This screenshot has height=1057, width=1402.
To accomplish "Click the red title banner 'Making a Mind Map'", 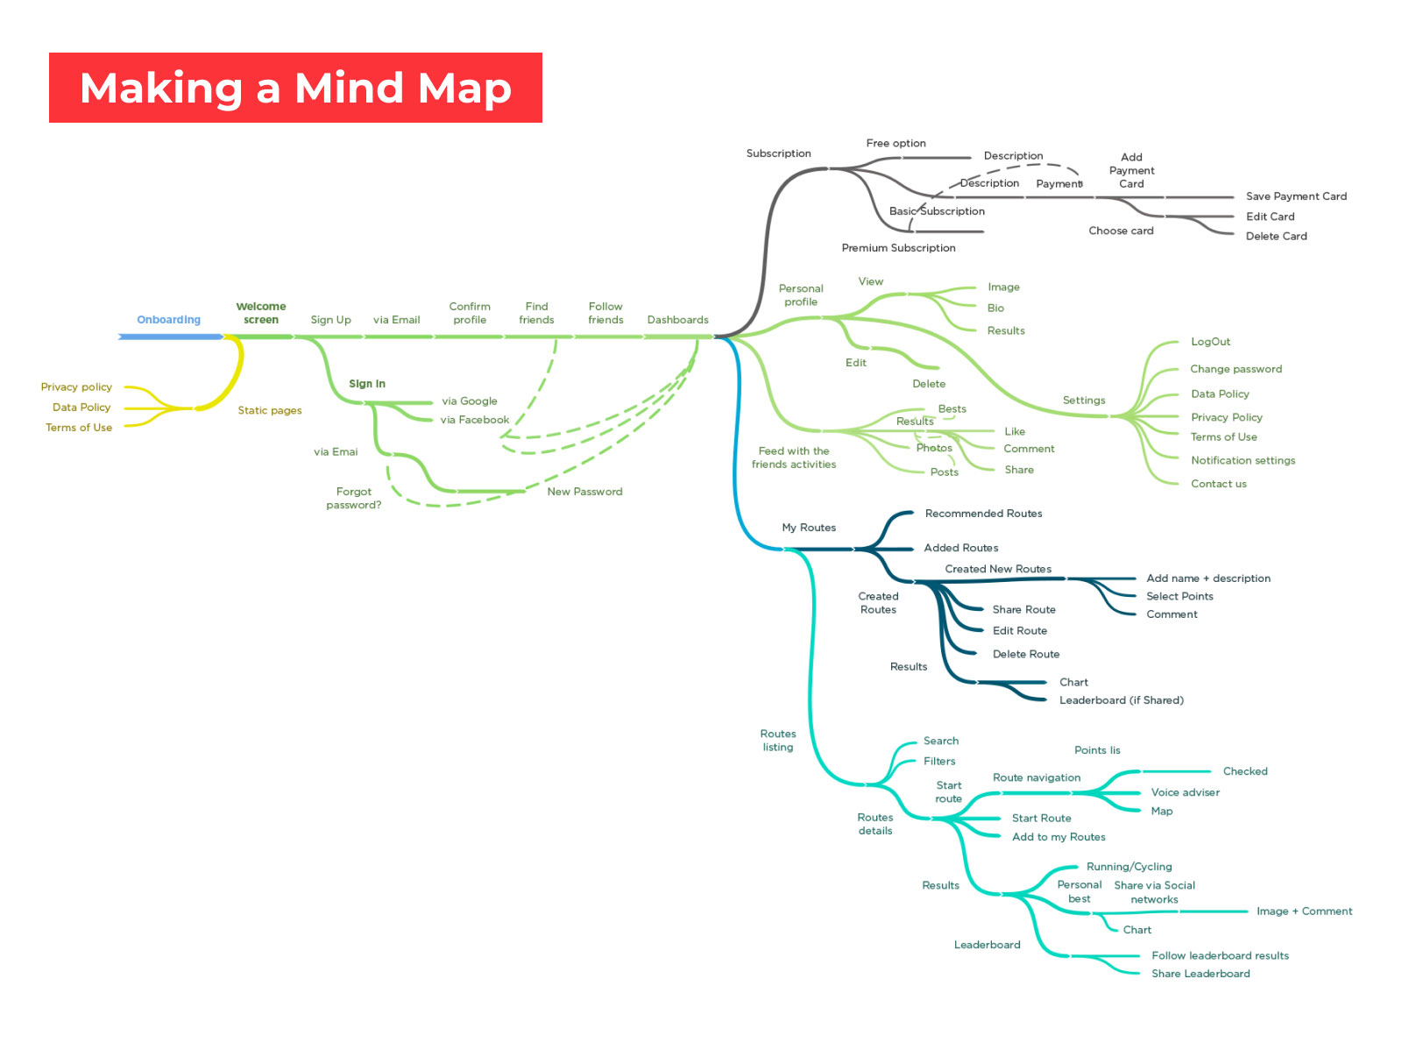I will tap(295, 88).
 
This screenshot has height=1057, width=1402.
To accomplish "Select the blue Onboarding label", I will tap(168, 320).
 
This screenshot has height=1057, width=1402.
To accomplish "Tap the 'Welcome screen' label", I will tap(261, 313).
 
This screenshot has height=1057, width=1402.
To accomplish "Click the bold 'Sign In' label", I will tap(367, 384).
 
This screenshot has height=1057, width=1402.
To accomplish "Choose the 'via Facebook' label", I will tap(474, 420).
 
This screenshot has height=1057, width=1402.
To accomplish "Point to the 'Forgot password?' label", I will tap(354, 498).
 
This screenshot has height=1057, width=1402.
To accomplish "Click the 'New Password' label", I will tap(584, 492).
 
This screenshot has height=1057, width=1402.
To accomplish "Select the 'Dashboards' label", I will tap(677, 320).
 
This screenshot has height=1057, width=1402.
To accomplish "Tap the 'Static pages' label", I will tap(270, 410).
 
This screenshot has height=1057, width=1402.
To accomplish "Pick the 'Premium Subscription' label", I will tap(898, 248).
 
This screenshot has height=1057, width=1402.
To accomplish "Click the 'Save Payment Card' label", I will tap(1296, 196).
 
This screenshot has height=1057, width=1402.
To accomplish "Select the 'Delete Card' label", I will tap(1276, 236).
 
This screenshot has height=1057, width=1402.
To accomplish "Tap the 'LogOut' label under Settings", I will tap(1210, 342).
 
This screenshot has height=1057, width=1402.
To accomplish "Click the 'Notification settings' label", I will tap(1243, 460).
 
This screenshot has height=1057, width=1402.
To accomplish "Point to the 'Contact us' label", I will tap(1218, 484).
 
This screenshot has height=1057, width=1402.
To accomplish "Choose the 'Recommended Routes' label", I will tap(983, 514).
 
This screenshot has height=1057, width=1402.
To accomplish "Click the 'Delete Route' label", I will tap(1025, 654).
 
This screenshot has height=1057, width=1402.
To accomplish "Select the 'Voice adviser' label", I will tap(1185, 792).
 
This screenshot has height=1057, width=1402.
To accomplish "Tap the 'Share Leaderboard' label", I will tap(1200, 974).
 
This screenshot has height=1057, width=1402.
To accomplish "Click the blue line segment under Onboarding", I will tap(171, 337).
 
